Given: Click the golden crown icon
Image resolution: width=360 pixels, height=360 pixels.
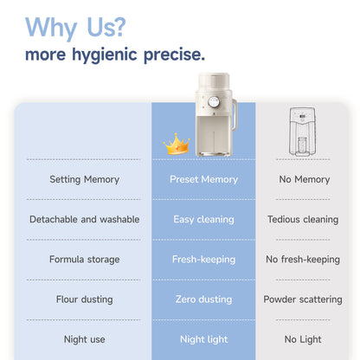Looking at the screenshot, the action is coord(177,144).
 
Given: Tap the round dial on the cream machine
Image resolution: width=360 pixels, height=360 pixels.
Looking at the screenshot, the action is coord(214,101).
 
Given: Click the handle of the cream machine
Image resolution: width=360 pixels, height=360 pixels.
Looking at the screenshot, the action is coord(235,114).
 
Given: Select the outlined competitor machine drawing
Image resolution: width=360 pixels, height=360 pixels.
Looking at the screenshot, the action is coord(302,132).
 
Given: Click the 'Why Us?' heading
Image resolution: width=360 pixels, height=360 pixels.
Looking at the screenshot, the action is coord(75,28).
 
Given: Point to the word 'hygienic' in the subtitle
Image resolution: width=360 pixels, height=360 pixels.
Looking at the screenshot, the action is coord(105,55).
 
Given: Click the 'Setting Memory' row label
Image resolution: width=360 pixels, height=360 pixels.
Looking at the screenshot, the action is coord(84,179).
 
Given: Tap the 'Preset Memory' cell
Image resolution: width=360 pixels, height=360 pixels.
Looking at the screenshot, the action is coord(203,179).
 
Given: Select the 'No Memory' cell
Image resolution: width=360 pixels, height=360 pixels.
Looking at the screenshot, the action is coord(305,179).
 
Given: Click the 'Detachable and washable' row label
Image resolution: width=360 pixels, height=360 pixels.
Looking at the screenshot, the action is coord(84,219).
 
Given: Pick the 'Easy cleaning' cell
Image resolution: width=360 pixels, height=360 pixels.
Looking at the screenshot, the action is coord(203,220).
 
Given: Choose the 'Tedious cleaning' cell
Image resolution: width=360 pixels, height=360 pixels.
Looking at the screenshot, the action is coord(303,220).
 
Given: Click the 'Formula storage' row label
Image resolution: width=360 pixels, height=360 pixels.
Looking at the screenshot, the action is coord(84,260).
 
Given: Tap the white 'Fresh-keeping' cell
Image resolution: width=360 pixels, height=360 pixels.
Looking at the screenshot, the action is coord(203,260).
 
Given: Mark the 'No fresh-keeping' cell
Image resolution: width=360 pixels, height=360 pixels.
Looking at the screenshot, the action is coord(303,260).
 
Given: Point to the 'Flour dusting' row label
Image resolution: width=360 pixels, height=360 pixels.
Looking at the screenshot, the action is coord(84,299).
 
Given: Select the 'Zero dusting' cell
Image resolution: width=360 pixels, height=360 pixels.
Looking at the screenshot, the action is coord(203,299).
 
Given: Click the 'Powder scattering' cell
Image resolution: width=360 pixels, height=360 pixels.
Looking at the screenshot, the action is coord(303,299).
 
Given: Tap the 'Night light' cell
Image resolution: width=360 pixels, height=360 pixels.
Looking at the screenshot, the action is coord(203,339).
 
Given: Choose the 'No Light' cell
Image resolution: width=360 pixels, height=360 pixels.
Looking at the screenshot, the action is coord(303,339).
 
